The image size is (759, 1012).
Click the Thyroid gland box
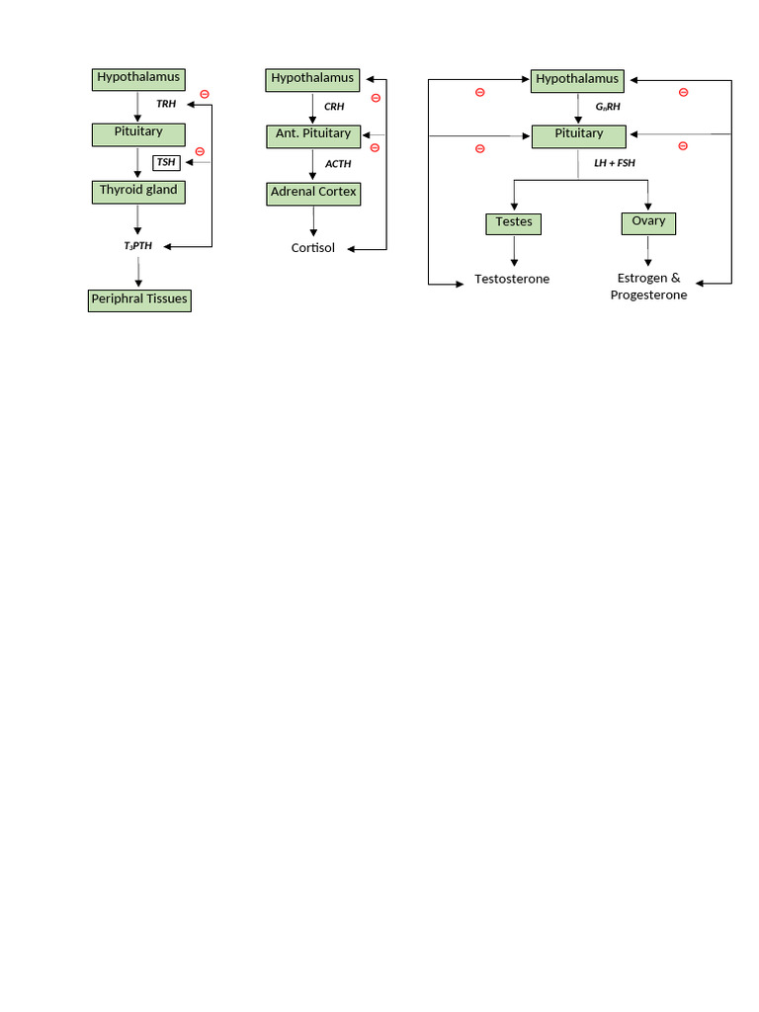coord(138,191)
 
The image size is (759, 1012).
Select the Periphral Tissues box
coord(138,299)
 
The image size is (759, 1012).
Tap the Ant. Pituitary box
coord(313,135)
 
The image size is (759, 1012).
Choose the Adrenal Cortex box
coord(313,193)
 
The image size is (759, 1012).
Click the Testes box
coord(514,223)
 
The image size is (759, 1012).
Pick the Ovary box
coord(648,222)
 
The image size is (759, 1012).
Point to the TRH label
coord(166,103)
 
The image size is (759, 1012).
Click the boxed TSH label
coord(166,162)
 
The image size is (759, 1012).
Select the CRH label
coord(334,107)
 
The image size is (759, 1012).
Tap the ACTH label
coord(338,164)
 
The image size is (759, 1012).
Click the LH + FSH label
coord(615,162)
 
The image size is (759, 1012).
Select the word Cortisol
coord(313,248)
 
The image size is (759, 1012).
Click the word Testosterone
coord(512,279)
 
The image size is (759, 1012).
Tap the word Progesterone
coord(648,295)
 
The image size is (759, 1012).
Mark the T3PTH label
coord(138,245)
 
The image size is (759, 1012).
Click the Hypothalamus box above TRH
coord(138,78)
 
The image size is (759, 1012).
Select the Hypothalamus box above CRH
coord(311,79)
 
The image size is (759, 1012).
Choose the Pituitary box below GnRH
coord(579,134)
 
